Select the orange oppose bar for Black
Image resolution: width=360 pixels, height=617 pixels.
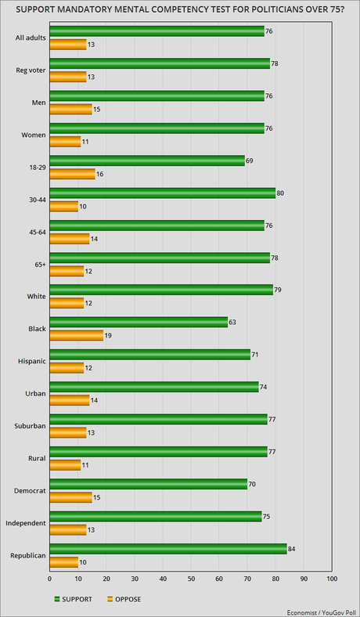tap(76, 336)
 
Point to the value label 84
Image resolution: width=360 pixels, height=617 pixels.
tap(291, 547)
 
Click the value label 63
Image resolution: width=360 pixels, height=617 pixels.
tap(232, 321)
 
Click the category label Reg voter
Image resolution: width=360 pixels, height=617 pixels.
tap(28, 70)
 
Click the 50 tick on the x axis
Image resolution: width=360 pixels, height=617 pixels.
tap(191, 579)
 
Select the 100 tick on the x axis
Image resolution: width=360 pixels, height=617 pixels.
tap(331, 579)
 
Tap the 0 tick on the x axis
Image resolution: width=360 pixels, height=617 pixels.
tap(49, 579)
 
